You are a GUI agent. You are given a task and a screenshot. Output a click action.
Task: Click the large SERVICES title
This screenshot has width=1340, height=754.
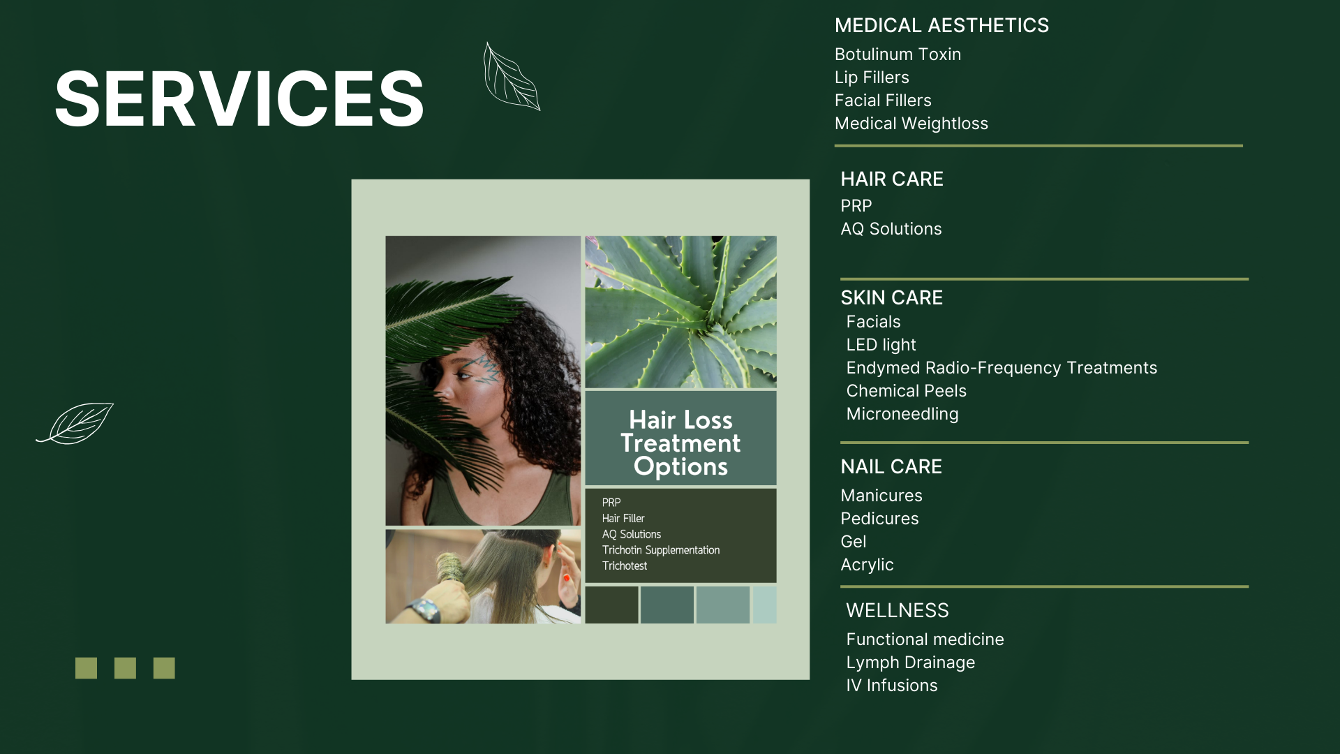pyautogui.click(x=239, y=99)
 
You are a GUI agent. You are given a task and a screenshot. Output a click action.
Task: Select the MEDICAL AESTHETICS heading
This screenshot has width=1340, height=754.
pyautogui.click(x=941, y=26)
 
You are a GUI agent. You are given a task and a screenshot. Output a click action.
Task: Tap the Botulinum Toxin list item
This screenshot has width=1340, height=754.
pyautogui.click(x=898, y=54)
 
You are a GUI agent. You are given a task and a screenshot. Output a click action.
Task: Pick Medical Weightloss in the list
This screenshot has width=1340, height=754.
pyautogui.click(x=911, y=124)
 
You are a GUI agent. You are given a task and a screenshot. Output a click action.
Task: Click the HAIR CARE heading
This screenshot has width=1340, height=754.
pyautogui.click(x=891, y=179)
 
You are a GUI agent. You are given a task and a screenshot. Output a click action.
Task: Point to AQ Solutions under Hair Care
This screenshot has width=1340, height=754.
pyautogui.click(x=891, y=229)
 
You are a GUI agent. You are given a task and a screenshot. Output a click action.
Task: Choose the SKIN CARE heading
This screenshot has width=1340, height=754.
pyautogui.click(x=891, y=298)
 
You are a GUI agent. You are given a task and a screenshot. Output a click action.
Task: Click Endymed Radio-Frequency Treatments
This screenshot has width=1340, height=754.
pyautogui.click(x=1002, y=368)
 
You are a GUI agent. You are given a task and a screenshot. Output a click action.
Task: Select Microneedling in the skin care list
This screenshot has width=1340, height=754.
pyautogui.click(x=902, y=414)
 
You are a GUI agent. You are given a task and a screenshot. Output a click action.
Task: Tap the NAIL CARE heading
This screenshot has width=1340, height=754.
pyautogui.click(x=891, y=467)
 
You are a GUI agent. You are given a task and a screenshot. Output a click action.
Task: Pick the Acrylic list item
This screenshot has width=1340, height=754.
pyautogui.click(x=867, y=565)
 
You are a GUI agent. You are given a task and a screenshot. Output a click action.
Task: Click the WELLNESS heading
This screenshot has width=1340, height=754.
pyautogui.click(x=897, y=611)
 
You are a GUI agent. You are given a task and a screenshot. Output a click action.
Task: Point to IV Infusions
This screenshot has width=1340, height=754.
pyautogui.click(x=891, y=686)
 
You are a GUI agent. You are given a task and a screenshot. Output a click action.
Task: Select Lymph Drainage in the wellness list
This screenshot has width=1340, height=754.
pyautogui.click(x=910, y=663)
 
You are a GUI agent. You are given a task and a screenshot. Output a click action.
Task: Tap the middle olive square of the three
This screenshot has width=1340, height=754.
pyautogui.click(x=125, y=668)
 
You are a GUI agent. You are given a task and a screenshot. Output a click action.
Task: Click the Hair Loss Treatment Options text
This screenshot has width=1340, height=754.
pyautogui.click(x=680, y=443)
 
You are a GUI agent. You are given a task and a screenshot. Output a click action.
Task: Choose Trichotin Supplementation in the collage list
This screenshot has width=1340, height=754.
pyautogui.click(x=661, y=550)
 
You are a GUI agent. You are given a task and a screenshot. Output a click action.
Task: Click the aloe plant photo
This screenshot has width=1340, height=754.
pyautogui.click(x=680, y=312)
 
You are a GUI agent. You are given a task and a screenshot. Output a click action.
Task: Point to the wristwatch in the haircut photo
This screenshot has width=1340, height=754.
pyautogui.click(x=424, y=610)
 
